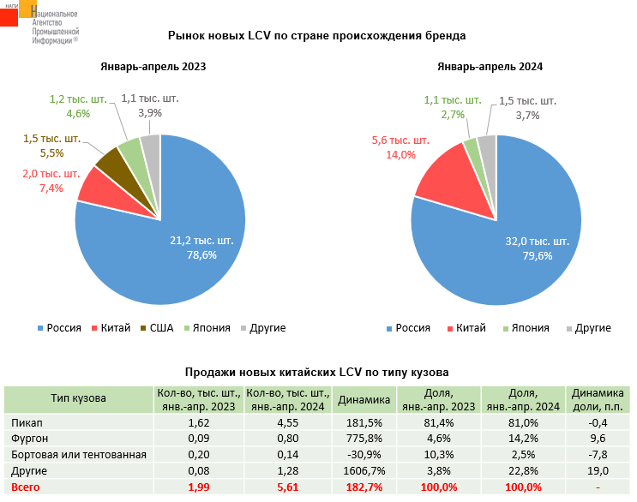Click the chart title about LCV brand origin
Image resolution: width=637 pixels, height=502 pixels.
tap(317, 37)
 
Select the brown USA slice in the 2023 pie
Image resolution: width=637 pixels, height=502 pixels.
tap(111, 158)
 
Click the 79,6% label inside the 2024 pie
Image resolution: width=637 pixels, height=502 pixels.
tap(537, 255)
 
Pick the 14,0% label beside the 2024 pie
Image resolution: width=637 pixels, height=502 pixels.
tap(400, 155)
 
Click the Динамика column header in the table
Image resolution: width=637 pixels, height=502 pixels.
tap(364, 399)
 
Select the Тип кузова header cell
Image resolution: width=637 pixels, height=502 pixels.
tap(78, 398)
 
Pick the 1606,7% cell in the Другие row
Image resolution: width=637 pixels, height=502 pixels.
tap(364, 470)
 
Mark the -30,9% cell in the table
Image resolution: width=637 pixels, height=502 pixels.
tap(364, 455)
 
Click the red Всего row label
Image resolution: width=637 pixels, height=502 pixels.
tap(27, 487)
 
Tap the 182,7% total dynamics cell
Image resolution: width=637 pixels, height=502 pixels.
tap(364, 487)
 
